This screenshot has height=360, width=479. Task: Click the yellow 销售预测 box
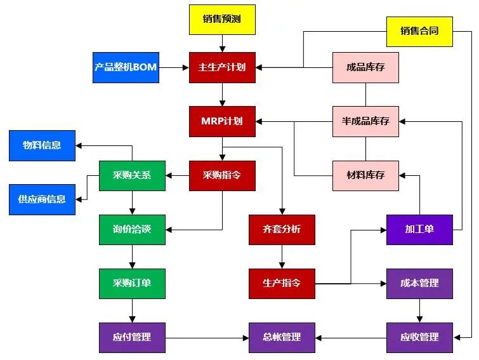point(222,19)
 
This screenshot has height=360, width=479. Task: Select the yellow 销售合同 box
point(419,31)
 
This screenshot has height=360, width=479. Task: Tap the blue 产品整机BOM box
point(126,67)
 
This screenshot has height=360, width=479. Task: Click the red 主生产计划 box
point(222,67)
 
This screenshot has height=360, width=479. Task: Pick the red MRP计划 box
point(222,121)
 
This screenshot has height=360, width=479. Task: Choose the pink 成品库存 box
point(365,67)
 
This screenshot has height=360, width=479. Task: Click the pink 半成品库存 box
point(365,121)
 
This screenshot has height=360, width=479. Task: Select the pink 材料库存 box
point(365,175)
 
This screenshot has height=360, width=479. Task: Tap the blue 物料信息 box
point(42,145)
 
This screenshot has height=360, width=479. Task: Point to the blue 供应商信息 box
point(42,199)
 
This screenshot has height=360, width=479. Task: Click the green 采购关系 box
point(132,176)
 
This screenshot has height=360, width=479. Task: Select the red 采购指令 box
point(222,176)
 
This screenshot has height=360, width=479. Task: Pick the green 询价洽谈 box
point(132,229)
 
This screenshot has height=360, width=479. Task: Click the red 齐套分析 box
point(282,229)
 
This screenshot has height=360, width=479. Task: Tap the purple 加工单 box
point(419,229)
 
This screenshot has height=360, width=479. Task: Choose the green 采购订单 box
point(132,283)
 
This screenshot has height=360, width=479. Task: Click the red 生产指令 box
point(282,283)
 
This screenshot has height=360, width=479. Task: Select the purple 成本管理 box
point(419,283)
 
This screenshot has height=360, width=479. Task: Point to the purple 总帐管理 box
point(282,337)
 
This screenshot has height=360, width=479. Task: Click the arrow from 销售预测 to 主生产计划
point(222,43)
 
